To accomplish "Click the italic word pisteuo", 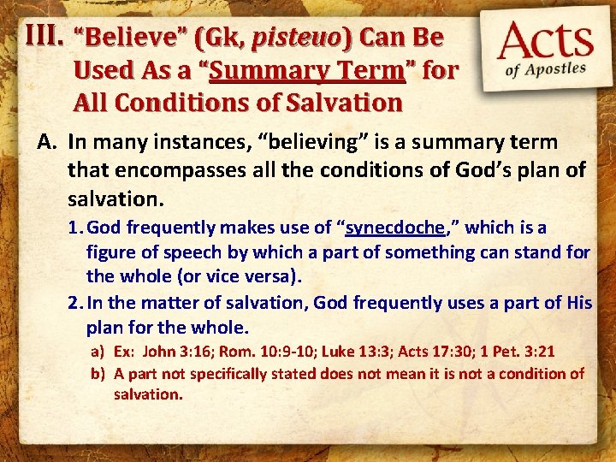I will tap(291, 38).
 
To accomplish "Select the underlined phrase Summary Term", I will tap(305, 70).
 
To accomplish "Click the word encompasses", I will tap(161, 170).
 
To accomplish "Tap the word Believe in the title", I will tap(121, 38).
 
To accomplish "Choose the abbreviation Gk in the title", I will tap(214, 38).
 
